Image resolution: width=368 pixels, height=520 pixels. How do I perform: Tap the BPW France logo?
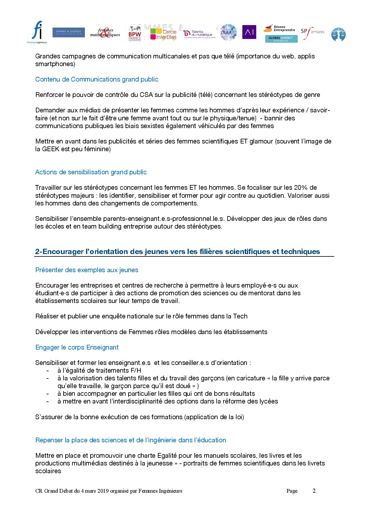coord(135,34)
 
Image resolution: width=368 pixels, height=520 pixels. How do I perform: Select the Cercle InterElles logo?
coord(163,34)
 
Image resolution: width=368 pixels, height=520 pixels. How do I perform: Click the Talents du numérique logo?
coord(198,34)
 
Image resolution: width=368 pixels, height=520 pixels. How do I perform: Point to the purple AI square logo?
coord(249,32)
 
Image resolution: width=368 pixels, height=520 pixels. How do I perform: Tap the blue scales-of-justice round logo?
coord(338,34)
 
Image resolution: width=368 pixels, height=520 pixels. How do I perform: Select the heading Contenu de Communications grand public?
coord(97,79)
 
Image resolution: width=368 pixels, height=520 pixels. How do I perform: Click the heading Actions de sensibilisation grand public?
coord(91,172)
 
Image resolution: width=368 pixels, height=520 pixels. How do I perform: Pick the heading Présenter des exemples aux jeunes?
coord(87,270)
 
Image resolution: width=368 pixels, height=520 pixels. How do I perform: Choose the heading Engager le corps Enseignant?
coord(77,347)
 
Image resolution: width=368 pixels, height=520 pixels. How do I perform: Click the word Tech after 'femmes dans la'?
coord(240,316)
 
